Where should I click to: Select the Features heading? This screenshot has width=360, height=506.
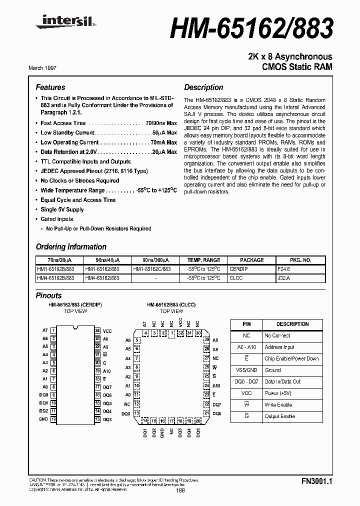point(50,87)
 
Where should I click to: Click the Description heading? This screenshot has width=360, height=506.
point(203,87)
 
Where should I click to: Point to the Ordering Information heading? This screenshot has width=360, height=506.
point(71,246)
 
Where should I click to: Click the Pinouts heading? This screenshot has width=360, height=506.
point(49,295)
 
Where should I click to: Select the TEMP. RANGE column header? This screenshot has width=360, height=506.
point(203,260)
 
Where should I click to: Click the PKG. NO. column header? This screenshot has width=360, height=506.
point(300,260)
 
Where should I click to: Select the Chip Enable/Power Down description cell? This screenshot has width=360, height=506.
point(291,358)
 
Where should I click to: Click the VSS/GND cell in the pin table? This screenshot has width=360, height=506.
point(246,370)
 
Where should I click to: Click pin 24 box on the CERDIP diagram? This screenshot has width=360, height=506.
point(97,330)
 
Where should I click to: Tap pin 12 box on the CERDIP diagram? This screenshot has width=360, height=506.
point(53,418)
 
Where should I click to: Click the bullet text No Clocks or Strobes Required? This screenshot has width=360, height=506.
point(80,180)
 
